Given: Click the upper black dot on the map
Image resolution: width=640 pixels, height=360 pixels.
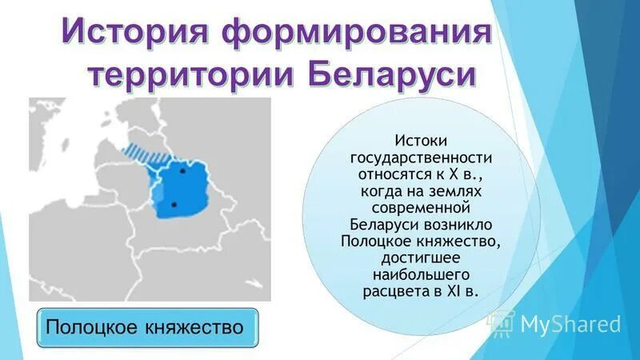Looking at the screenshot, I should [183, 170].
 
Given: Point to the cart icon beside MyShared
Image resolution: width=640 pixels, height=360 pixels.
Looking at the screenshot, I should [502, 323].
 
